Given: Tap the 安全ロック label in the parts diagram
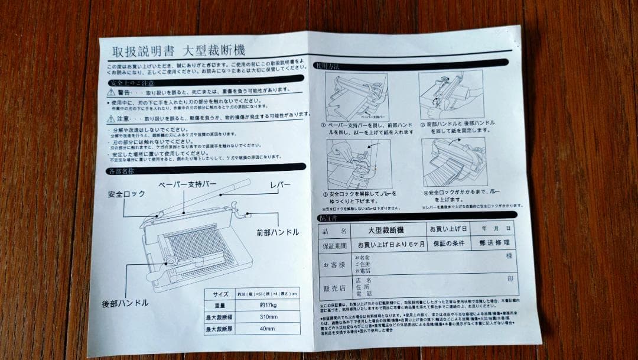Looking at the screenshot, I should click(x=126, y=194).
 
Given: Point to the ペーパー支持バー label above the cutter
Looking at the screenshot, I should click(x=187, y=184).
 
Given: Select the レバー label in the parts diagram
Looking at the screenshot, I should click(x=280, y=185).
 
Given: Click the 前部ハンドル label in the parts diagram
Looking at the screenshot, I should click(x=277, y=232).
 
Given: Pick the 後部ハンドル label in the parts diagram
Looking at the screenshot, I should click(x=125, y=303).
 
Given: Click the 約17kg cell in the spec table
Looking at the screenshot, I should click(x=268, y=306).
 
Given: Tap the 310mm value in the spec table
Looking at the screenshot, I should click(x=268, y=317).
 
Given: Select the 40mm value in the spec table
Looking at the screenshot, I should click(x=268, y=329).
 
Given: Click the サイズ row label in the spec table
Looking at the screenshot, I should click(x=221, y=293).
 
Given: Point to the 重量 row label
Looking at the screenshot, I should click(x=221, y=306).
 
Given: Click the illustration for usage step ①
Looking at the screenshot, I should click(x=356, y=96).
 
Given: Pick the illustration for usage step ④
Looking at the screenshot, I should click(x=454, y=161).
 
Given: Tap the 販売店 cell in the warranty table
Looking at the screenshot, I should click(x=334, y=288).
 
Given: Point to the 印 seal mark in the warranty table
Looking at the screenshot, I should click(x=510, y=278).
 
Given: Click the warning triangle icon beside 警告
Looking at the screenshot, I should click(x=110, y=93).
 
